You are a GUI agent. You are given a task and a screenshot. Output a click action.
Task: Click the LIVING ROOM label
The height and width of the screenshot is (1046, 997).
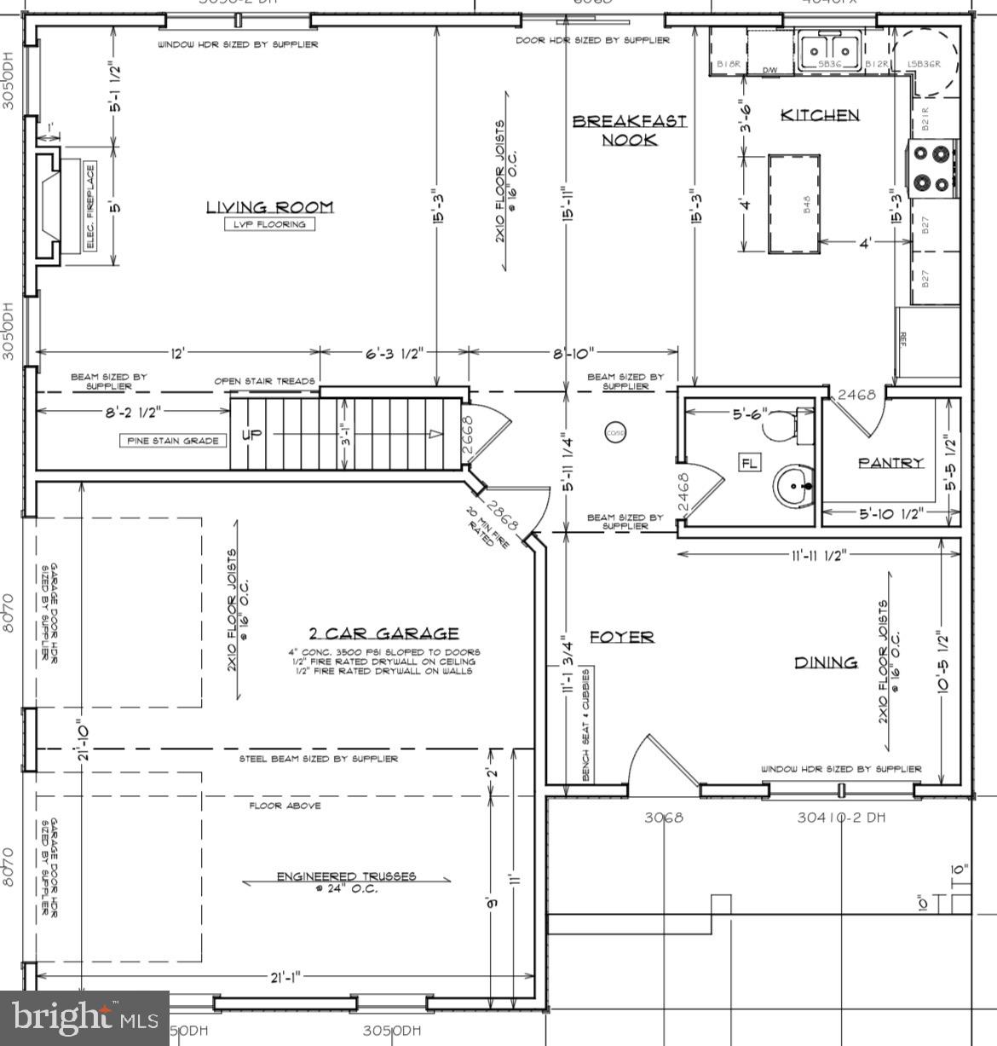(269, 207)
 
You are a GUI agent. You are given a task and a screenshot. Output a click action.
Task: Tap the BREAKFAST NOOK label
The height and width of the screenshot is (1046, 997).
(629, 130)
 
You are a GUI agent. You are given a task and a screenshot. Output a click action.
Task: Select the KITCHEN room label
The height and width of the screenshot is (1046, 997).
(821, 115)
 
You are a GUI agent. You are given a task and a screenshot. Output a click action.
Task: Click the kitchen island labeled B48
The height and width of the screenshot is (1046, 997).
(794, 204)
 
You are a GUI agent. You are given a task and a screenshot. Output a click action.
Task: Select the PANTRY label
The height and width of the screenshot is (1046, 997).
(890, 463)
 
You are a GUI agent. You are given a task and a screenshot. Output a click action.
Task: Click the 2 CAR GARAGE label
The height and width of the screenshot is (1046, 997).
(383, 633)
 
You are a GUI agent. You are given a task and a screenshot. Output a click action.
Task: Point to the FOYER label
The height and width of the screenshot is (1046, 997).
(622, 637)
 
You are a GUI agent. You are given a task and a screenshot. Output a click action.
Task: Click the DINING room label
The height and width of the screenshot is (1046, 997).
(826, 662)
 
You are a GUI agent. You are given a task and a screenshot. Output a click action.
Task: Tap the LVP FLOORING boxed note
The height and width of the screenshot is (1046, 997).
(269, 224)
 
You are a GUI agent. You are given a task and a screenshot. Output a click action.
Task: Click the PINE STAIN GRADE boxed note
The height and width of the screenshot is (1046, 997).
(174, 441)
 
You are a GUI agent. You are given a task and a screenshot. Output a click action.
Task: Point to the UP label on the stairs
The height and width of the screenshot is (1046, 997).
(253, 434)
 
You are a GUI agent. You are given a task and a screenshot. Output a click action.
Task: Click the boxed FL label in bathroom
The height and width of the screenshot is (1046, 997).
(749, 463)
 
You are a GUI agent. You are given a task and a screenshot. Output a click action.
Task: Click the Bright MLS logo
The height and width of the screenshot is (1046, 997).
(85, 1018)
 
